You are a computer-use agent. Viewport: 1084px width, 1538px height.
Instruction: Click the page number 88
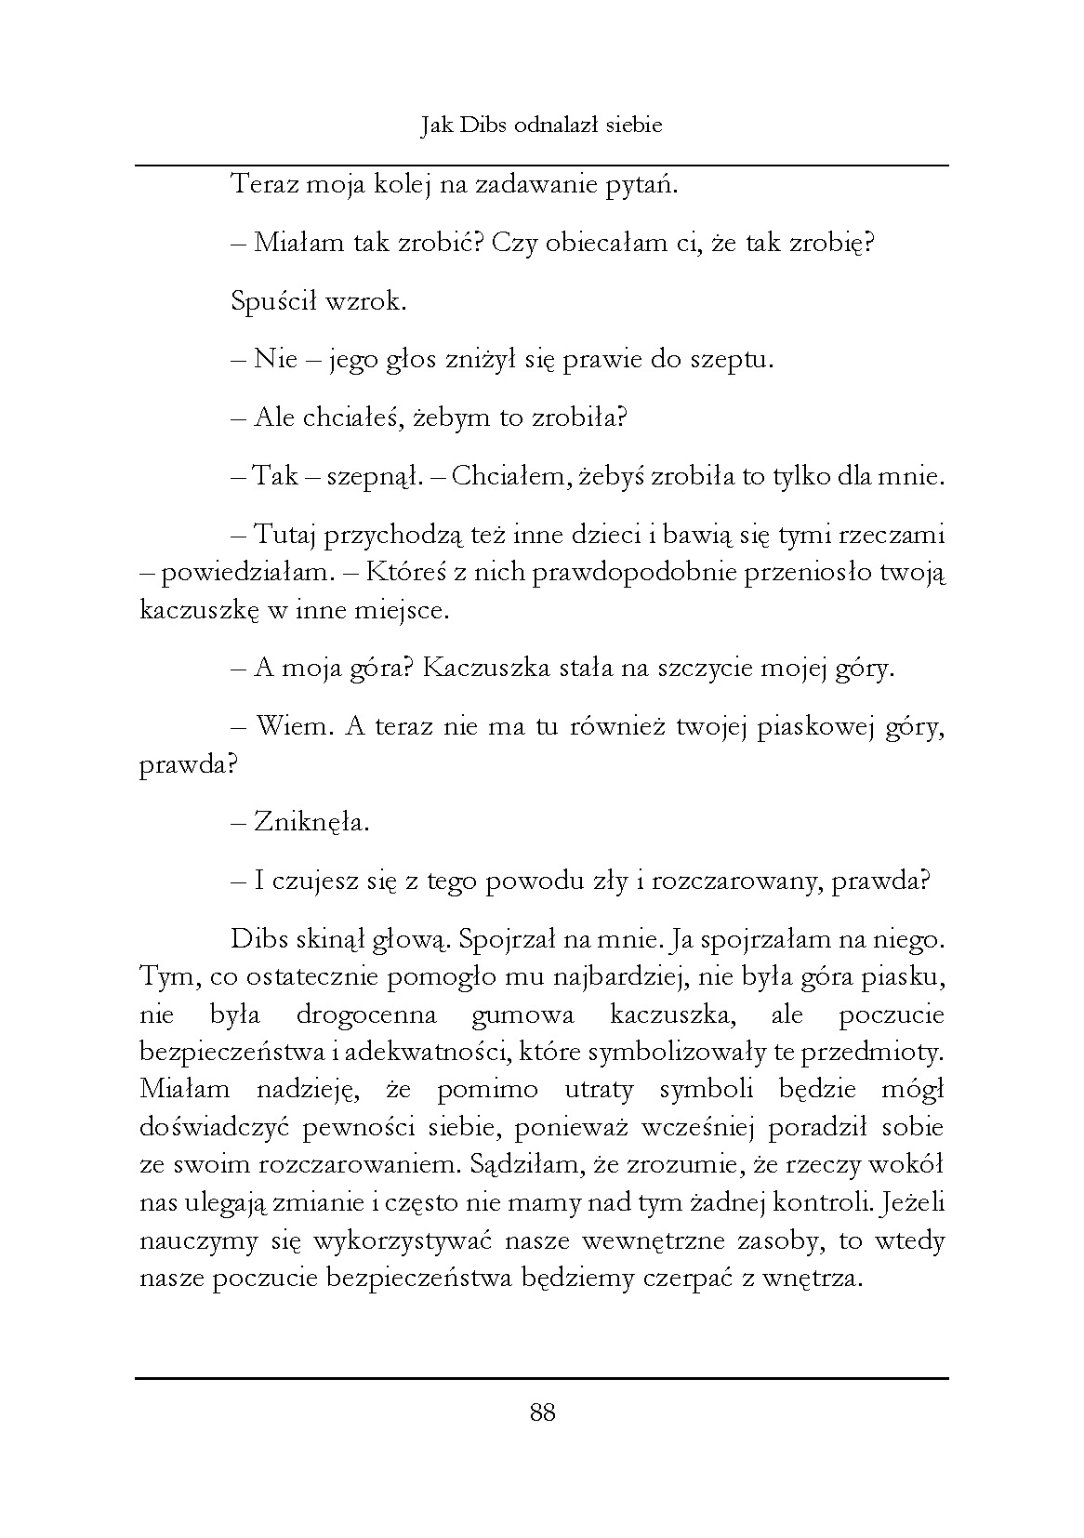coord(542,1414)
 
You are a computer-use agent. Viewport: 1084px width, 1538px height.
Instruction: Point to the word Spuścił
coord(273,302)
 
